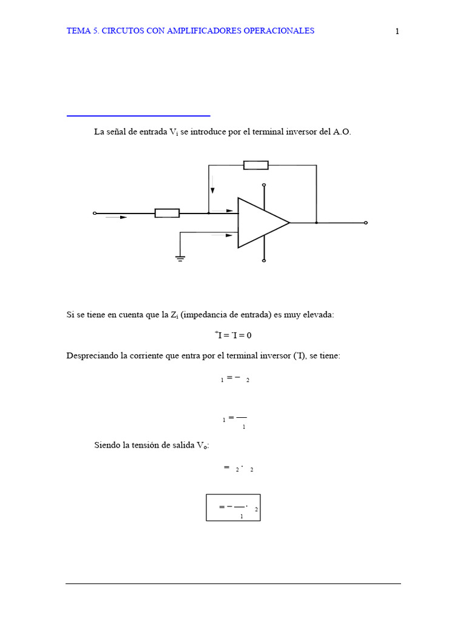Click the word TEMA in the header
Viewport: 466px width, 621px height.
[x=78, y=31]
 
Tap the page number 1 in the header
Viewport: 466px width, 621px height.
[x=397, y=32]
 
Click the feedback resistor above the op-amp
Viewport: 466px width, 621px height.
[x=255, y=165]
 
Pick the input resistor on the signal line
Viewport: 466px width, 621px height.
[x=167, y=213]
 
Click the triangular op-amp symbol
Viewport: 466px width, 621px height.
[x=261, y=223]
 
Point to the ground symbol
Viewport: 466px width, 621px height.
[x=180, y=258]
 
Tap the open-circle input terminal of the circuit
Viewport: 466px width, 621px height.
[x=94, y=213]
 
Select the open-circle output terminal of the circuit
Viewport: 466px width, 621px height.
[x=365, y=223]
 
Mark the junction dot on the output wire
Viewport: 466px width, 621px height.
[x=316, y=223]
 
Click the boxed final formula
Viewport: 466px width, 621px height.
[x=233, y=507]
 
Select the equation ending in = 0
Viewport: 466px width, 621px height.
[x=233, y=335]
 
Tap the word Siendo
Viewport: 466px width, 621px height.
[x=107, y=445]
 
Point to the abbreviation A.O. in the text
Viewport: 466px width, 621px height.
[x=342, y=132]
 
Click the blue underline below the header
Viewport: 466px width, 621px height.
[x=138, y=115]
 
